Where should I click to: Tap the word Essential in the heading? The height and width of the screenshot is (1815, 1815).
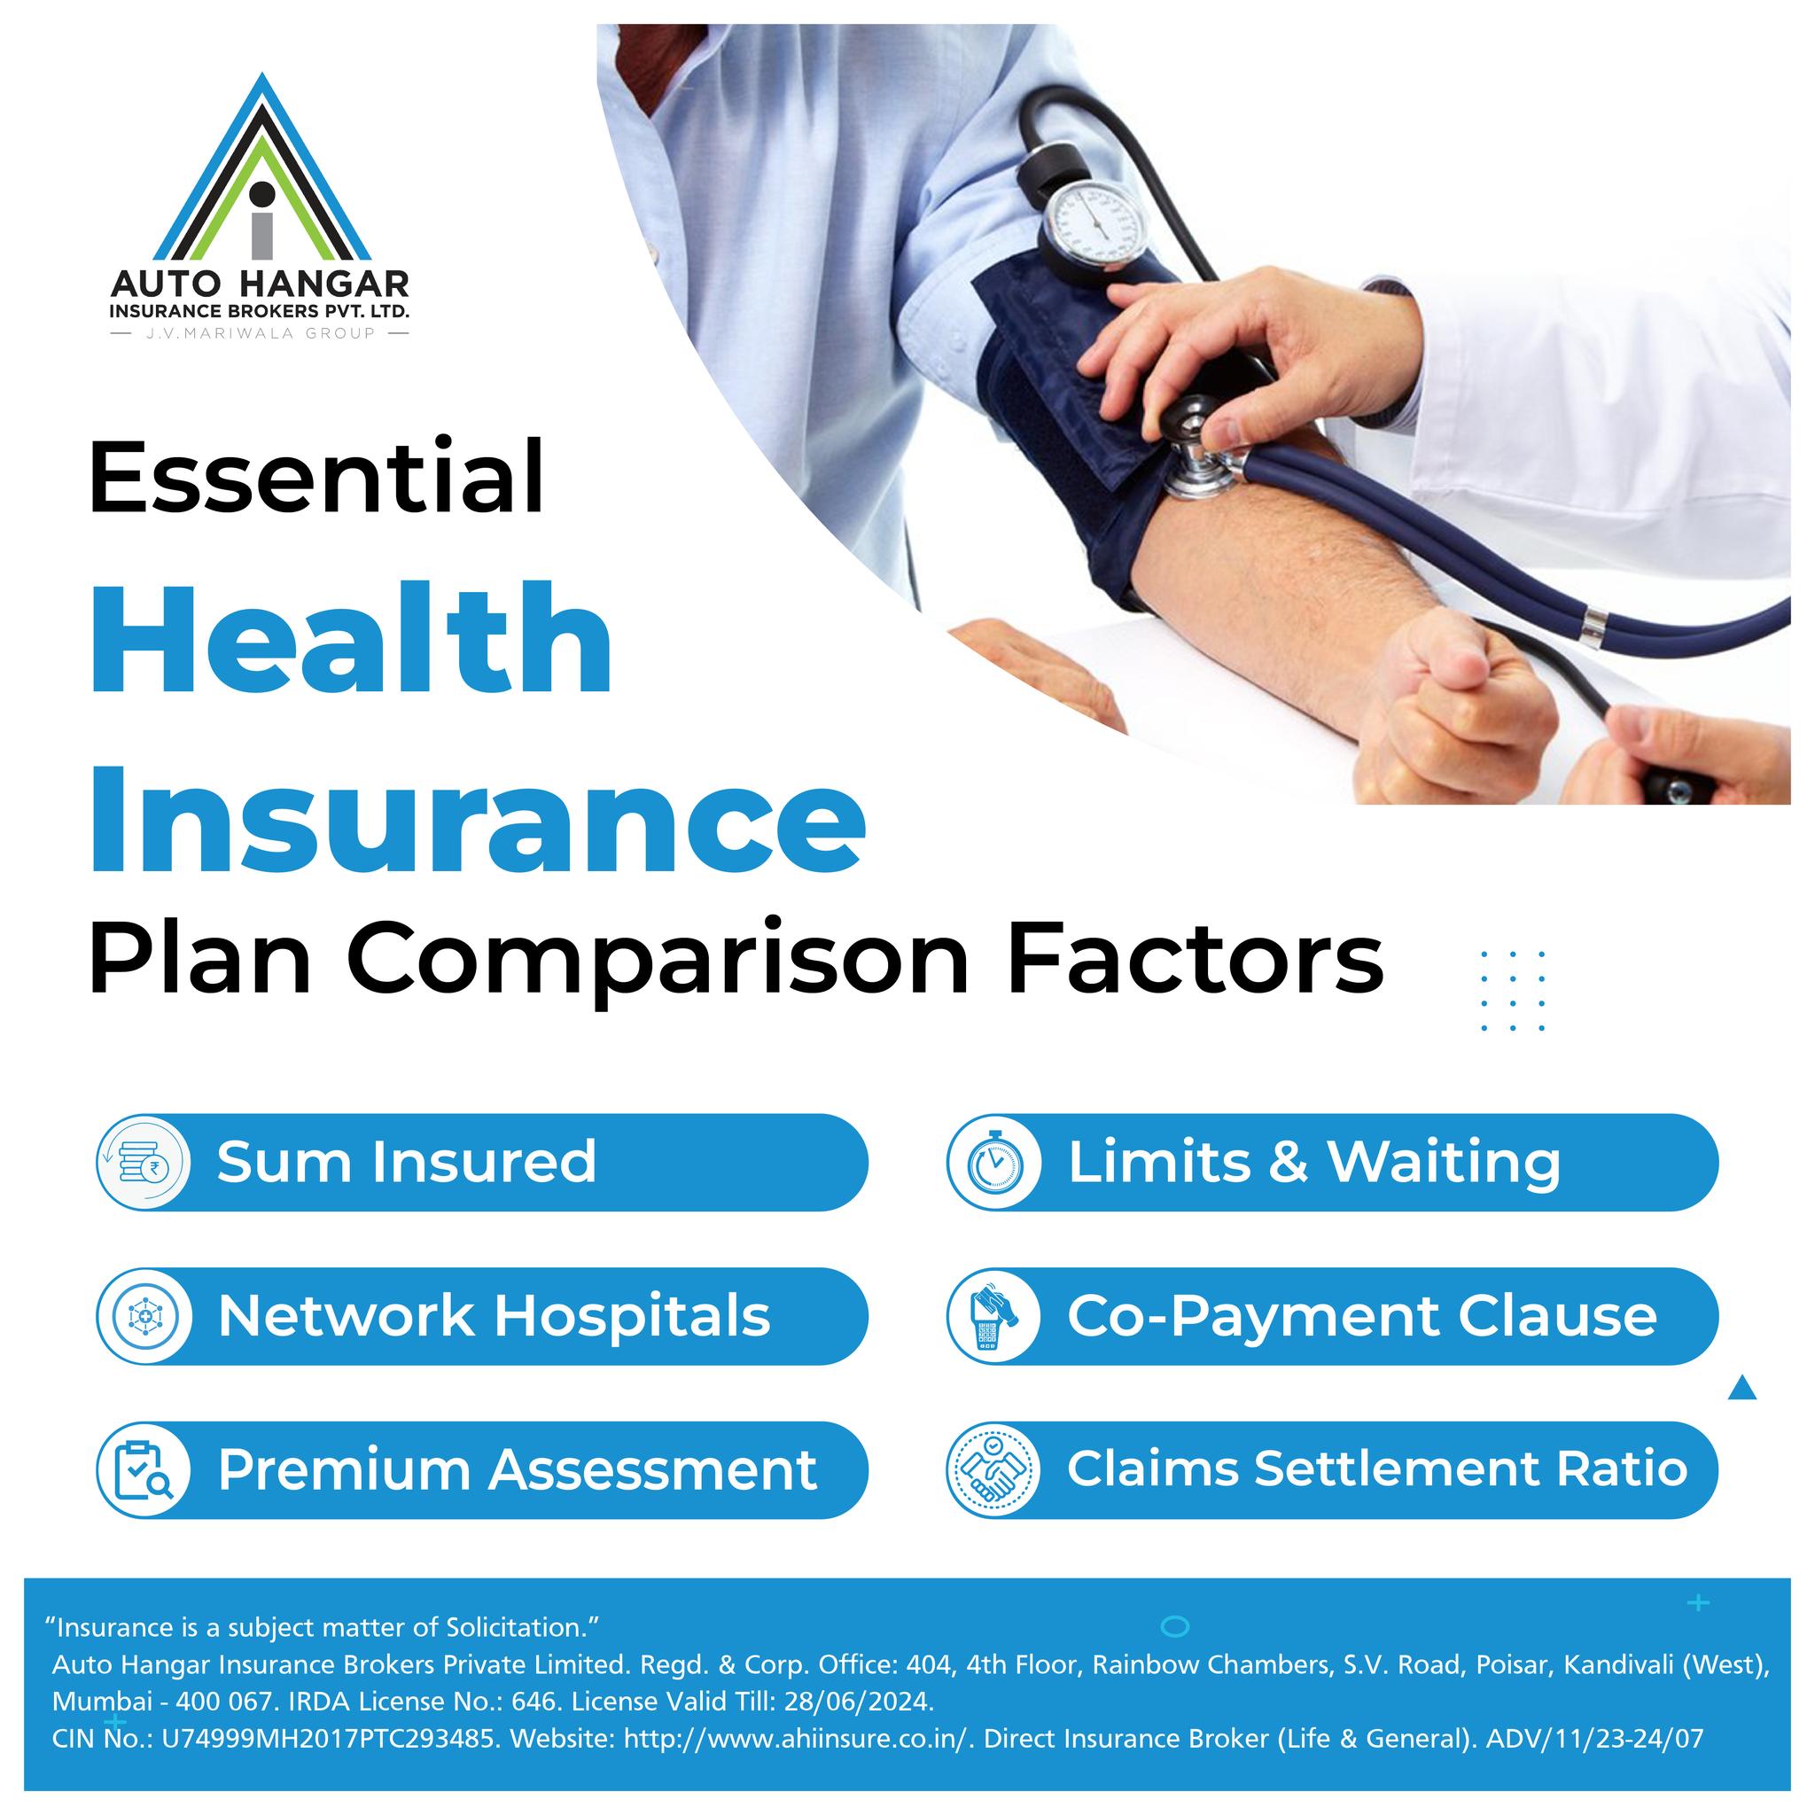(316, 476)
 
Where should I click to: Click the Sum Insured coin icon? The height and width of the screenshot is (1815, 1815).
(144, 1163)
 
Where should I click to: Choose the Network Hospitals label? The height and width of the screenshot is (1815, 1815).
(495, 1315)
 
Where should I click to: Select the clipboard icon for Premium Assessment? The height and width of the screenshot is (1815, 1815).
(144, 1469)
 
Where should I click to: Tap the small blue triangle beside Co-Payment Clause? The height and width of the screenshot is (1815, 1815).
(1741, 1387)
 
